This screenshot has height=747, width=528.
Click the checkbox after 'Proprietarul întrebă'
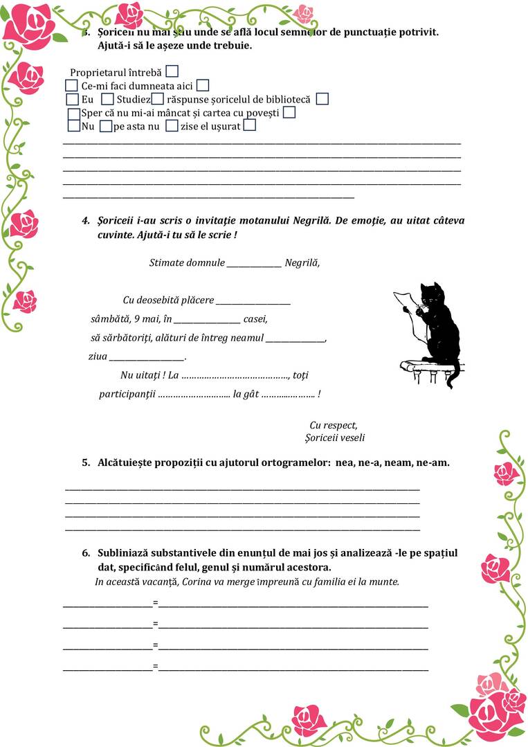[172, 71]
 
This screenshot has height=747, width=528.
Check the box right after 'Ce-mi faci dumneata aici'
[203, 86]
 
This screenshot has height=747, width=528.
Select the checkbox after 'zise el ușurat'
[250, 125]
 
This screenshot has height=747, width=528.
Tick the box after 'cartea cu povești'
[289, 112]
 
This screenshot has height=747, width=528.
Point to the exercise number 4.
[86, 221]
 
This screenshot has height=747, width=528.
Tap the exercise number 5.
[86, 462]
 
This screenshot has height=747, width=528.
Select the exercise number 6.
[86, 553]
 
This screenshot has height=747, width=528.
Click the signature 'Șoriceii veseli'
[335, 438]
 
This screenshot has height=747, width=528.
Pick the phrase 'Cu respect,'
[334, 425]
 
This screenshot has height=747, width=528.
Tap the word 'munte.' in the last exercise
[385, 582]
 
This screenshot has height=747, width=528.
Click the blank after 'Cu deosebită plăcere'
[253, 301]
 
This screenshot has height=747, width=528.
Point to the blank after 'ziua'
[147, 357]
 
